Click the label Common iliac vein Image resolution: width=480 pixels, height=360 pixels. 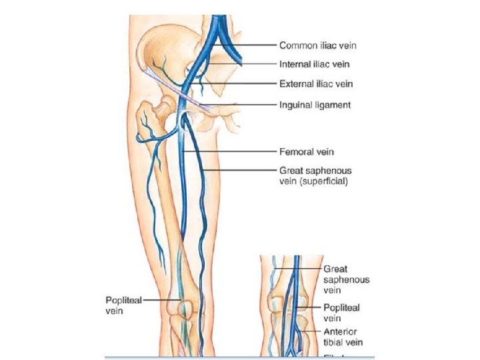click(317, 45)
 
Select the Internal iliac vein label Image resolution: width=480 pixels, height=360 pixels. click(315, 65)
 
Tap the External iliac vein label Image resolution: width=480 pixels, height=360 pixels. click(316, 85)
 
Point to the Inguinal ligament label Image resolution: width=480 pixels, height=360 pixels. click(315, 105)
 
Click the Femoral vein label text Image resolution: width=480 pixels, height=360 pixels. click(307, 152)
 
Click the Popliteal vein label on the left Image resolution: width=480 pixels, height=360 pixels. click(123, 305)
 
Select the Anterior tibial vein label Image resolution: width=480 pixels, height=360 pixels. click(340, 337)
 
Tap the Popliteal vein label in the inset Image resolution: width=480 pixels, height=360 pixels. click(341, 313)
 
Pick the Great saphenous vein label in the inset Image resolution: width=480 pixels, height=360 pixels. click(346, 280)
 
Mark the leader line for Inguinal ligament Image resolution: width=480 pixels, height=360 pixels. click(243, 105)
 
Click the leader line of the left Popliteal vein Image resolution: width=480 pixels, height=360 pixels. click(160, 301)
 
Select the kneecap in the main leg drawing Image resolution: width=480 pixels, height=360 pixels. click(183, 307)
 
